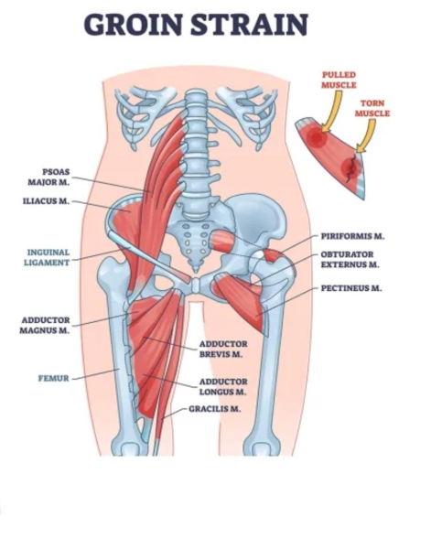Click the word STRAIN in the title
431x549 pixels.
tap(249, 25)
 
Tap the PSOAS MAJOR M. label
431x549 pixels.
tap(48, 178)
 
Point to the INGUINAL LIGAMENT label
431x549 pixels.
tap(47, 257)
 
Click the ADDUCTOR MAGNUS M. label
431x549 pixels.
tap(45, 325)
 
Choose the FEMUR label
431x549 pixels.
tap(54, 379)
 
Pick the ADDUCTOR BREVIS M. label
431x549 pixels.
tap(223, 350)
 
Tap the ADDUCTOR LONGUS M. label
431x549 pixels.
tap(223, 386)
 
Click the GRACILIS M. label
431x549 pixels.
tap(215, 409)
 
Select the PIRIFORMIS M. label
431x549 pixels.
tap(353, 236)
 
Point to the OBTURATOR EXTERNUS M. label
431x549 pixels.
tap(350, 260)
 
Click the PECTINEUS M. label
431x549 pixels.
tap(351, 288)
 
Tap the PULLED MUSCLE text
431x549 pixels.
tap(339, 80)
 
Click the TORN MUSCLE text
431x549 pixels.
tap(372, 108)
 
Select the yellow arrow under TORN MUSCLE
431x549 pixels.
tap(369, 135)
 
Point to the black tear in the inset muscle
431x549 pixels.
tap(351, 169)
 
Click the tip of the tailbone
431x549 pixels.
tap(197, 272)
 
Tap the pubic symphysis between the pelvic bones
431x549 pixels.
tap(197, 285)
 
